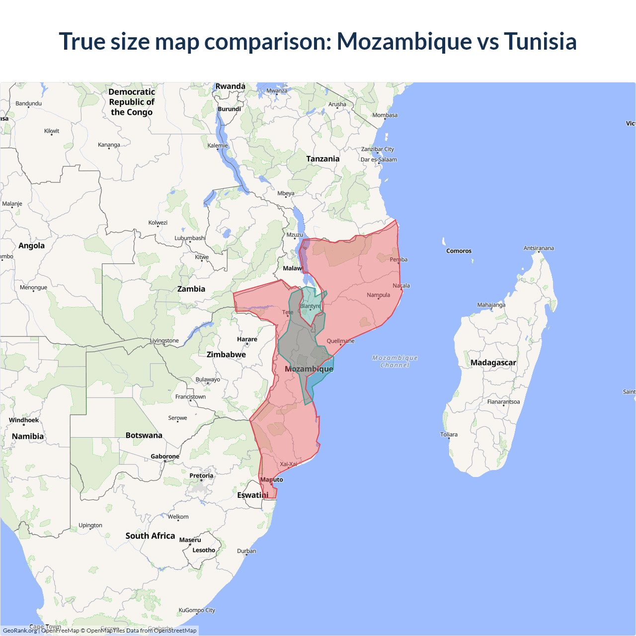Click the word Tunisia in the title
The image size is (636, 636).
tap(540, 41)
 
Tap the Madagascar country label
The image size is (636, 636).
tap(493, 363)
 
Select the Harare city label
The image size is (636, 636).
tap(247, 339)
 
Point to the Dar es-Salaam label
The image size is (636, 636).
tap(379, 159)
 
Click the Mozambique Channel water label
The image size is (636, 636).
tap(395, 361)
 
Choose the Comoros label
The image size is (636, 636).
tap(459, 251)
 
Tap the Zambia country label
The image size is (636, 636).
tap(191, 289)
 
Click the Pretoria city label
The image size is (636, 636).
tap(201, 476)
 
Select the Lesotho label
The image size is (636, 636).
tap(204, 550)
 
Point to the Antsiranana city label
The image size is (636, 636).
tap(539, 248)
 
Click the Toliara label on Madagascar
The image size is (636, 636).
tap(449, 434)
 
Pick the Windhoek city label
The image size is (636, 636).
tap(24, 420)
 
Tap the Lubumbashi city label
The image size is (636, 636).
tap(190, 238)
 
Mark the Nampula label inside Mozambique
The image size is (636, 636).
tap(378, 295)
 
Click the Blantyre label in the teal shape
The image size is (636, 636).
tap(311, 306)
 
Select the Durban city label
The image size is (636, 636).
tap(246, 551)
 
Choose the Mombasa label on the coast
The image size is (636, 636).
tap(385, 115)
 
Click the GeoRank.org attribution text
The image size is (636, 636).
tap(20, 631)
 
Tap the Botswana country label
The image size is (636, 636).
tap(144, 435)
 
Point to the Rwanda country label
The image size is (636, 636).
tap(230, 86)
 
